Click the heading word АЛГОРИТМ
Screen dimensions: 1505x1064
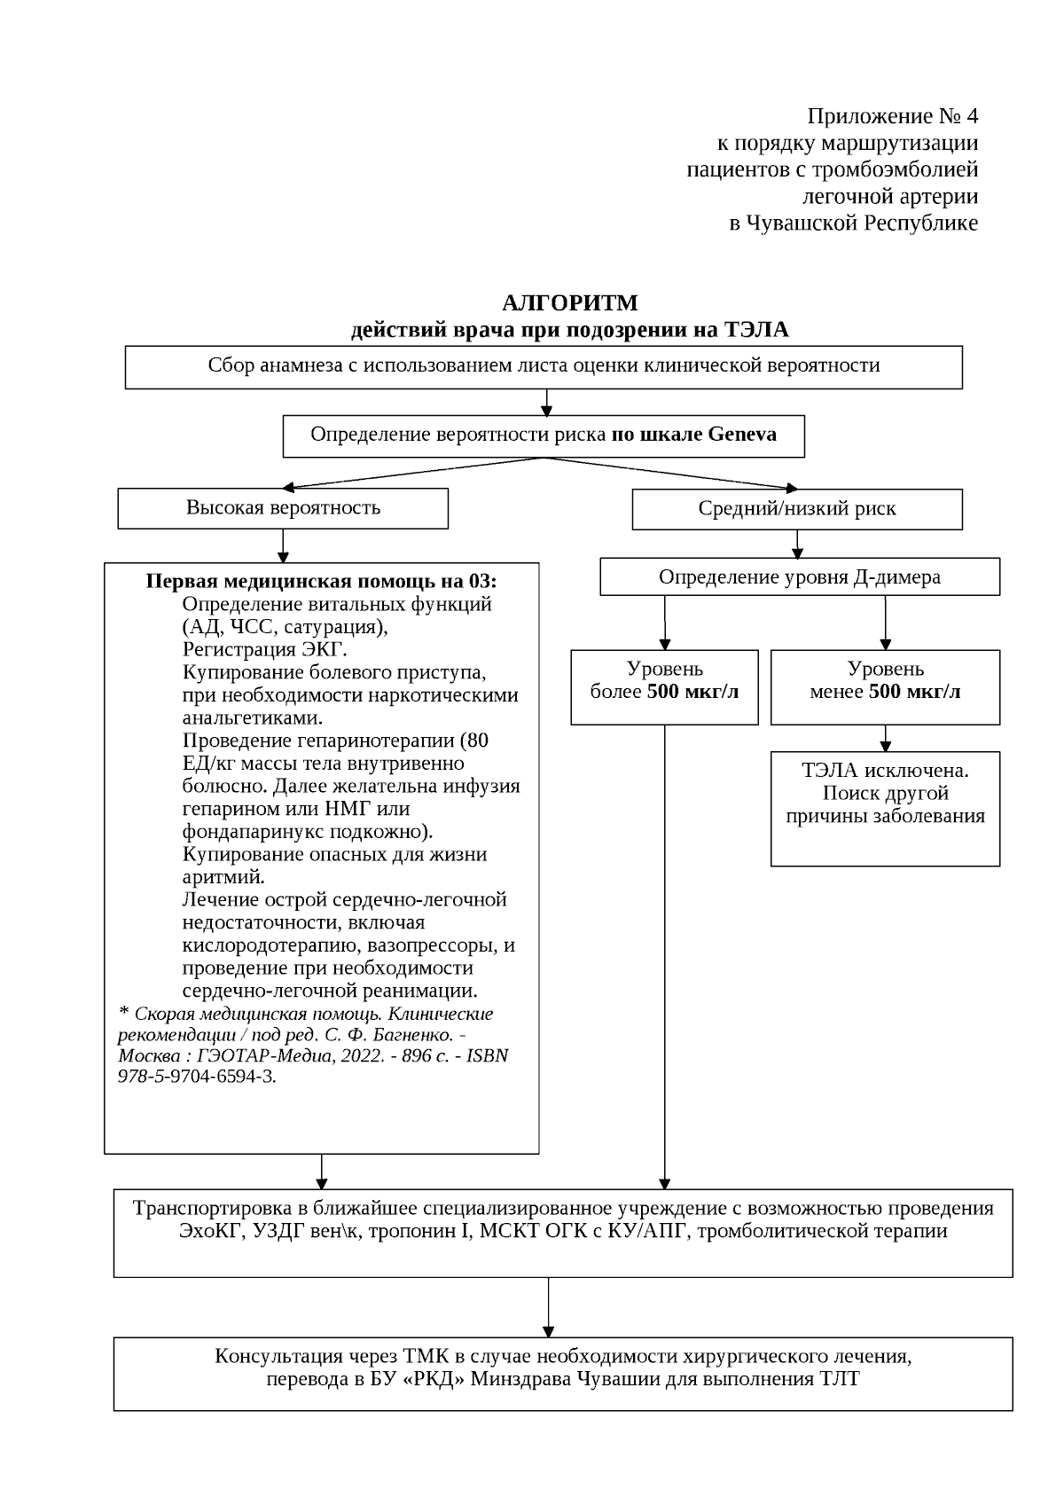569,303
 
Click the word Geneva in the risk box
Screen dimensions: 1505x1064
742,435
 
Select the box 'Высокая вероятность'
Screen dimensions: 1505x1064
283,508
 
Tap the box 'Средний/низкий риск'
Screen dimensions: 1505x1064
796,509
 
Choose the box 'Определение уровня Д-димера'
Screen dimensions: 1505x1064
799,577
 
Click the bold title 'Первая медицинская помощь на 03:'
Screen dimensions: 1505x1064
321,582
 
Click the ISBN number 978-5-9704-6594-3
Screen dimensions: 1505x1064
197,1078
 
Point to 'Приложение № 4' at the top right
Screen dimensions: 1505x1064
891,116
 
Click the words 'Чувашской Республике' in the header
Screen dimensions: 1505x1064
862,223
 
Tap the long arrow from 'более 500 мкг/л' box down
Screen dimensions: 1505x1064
664,958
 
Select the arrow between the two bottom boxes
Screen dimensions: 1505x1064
549,1307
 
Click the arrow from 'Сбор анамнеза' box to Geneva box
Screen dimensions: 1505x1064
547,402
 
